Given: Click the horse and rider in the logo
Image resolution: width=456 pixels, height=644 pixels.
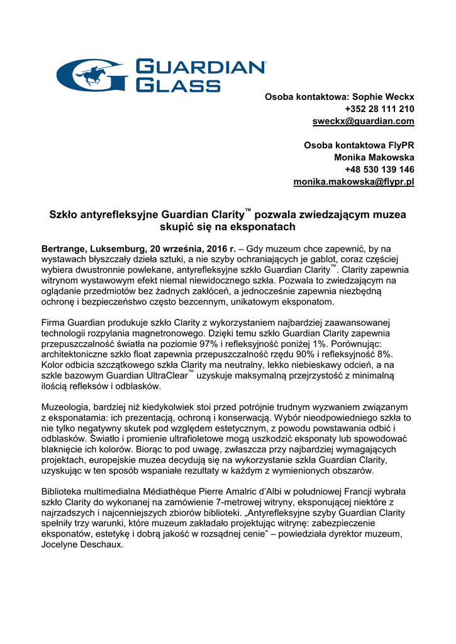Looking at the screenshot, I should click(93, 75).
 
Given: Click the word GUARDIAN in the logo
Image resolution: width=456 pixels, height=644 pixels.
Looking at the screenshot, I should click(201, 67).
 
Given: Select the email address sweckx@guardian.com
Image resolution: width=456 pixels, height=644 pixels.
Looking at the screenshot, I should click(364, 121).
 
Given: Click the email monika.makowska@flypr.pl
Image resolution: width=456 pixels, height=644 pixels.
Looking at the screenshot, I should click(354, 182).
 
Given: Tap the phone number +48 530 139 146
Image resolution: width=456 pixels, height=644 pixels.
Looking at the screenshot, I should click(379, 170).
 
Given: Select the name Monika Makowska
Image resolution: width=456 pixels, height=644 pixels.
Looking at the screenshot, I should click(374, 157).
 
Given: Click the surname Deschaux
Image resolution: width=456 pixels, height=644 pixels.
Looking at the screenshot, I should click(103, 545).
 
